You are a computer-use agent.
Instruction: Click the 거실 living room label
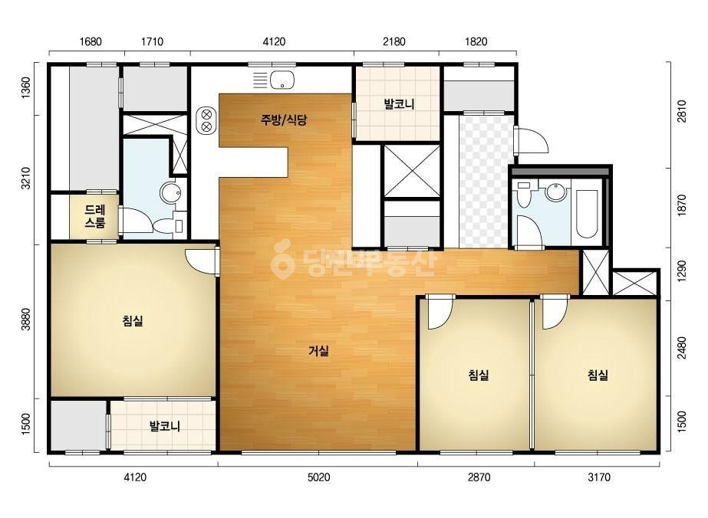[318, 351]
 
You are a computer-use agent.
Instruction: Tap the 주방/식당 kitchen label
[284, 120]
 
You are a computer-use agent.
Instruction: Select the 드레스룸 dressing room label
[95, 215]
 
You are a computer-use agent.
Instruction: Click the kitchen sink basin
[282, 80]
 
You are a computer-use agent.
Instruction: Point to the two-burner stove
[206, 120]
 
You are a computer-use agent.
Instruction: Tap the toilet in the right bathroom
[524, 195]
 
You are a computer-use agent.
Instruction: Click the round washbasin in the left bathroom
[171, 193]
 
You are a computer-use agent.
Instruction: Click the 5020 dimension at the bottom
[318, 477]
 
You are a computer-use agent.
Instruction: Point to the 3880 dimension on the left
[26, 319]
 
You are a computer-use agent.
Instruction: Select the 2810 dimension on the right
[681, 111]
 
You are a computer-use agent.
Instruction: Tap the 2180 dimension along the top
[394, 41]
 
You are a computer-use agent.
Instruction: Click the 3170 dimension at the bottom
[599, 477]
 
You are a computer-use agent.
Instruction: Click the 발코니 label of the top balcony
[399, 104]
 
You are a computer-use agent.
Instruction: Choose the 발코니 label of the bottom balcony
[165, 425]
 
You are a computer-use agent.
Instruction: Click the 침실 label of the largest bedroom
[133, 321]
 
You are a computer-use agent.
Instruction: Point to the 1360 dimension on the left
[26, 88]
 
